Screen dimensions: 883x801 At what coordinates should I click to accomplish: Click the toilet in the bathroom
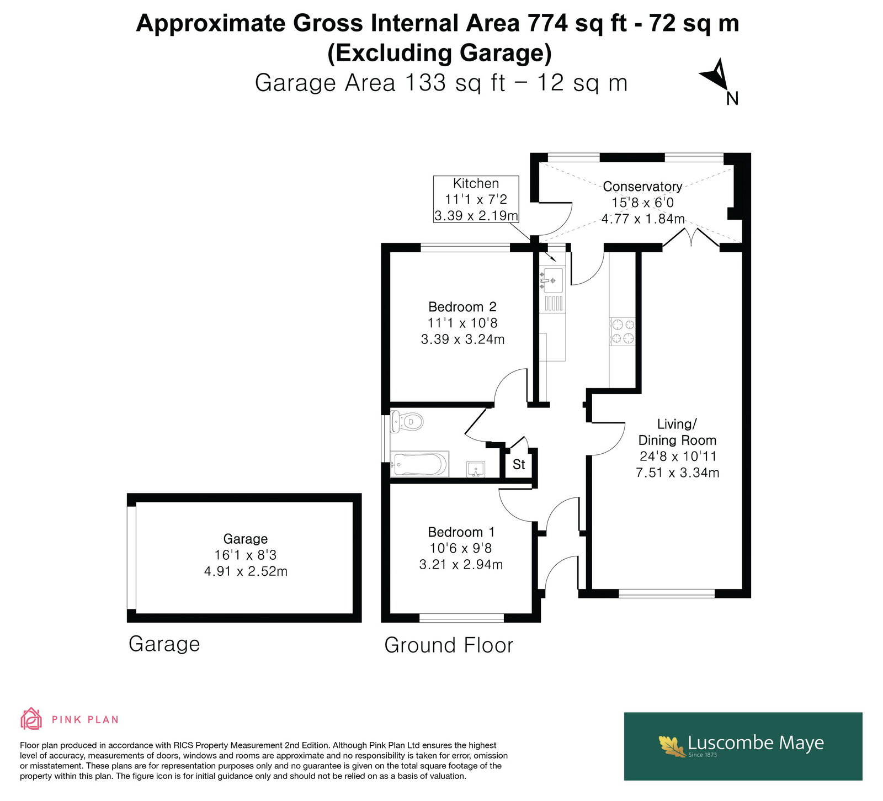click(407, 422)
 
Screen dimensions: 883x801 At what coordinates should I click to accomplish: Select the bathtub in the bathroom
click(419, 464)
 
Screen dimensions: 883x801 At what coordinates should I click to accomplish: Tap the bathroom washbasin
click(475, 469)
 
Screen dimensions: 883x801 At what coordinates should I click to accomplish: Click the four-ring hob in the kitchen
click(623, 332)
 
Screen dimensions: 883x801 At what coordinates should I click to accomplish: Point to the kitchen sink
click(551, 280)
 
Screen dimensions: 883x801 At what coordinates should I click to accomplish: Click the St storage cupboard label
click(519, 464)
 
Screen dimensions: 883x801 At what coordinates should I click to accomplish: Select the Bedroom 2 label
click(462, 307)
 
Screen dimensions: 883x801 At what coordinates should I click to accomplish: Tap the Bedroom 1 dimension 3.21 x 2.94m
click(461, 564)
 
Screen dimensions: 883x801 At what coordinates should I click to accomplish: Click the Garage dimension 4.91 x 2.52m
click(246, 571)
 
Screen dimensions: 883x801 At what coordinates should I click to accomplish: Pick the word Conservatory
click(642, 187)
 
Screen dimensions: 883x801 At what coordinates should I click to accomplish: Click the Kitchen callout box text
click(476, 199)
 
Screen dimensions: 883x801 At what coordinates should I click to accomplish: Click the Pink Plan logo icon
click(31, 719)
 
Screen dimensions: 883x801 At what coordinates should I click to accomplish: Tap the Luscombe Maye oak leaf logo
click(672, 745)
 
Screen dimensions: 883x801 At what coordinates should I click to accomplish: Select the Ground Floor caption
click(449, 645)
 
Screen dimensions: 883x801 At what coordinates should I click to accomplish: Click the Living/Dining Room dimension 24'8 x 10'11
click(678, 457)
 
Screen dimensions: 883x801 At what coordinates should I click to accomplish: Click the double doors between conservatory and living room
click(691, 237)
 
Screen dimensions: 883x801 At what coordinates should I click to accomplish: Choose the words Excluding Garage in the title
click(440, 53)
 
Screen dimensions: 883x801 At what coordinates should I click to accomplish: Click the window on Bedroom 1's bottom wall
click(461, 617)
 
